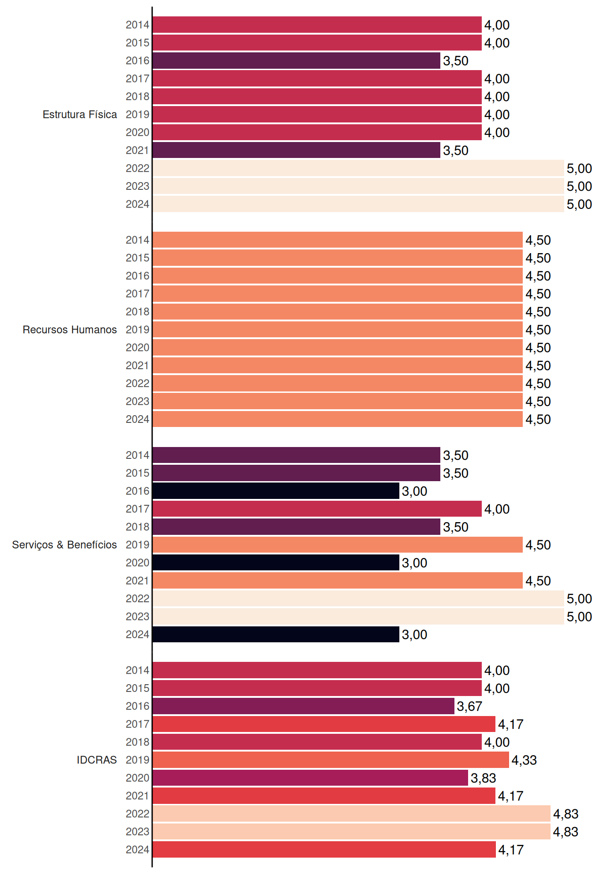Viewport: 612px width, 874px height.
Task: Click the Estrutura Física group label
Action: tap(80, 115)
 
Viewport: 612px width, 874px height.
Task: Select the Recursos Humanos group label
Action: tap(70, 330)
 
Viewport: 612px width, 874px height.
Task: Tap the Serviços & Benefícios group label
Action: tap(64, 545)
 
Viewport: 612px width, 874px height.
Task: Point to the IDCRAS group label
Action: tap(97, 760)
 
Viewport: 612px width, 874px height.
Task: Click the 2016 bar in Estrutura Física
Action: tap(296, 61)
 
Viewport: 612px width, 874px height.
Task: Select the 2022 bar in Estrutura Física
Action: tap(358, 168)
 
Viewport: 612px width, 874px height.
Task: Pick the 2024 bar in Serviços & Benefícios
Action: tap(276, 635)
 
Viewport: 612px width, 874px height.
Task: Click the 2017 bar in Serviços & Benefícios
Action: tap(317, 509)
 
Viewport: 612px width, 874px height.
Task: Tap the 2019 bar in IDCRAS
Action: tap(331, 760)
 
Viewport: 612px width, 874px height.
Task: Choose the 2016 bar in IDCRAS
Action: tap(304, 706)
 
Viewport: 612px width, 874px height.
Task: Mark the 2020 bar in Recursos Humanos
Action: tap(338, 348)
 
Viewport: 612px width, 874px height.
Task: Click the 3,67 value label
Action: tap(469, 706)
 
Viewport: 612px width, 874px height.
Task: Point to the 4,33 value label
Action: tap(524, 760)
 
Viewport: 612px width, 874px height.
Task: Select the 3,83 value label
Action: tap(483, 778)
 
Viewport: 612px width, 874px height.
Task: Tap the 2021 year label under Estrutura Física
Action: tap(138, 150)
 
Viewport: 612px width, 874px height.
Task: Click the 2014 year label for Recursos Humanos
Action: tap(138, 240)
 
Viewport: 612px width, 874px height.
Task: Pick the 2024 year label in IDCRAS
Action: tap(138, 849)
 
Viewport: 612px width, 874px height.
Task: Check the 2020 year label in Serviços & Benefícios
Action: tap(138, 563)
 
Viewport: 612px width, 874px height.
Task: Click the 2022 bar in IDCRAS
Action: tap(352, 813)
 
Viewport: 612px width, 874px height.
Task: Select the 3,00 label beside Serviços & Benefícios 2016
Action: tap(414, 492)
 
